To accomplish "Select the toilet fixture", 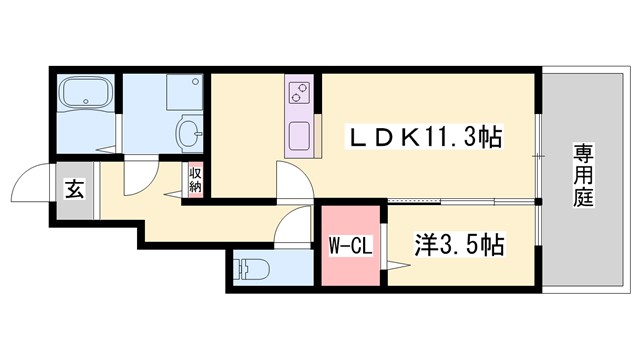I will pyautogui.click(x=252, y=268).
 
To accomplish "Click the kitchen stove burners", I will pyautogui.click(x=299, y=94).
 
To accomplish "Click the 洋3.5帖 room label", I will pyautogui.click(x=458, y=243).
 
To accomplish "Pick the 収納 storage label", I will pyautogui.click(x=195, y=181).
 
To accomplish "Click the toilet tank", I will pyautogui.click(x=238, y=268).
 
